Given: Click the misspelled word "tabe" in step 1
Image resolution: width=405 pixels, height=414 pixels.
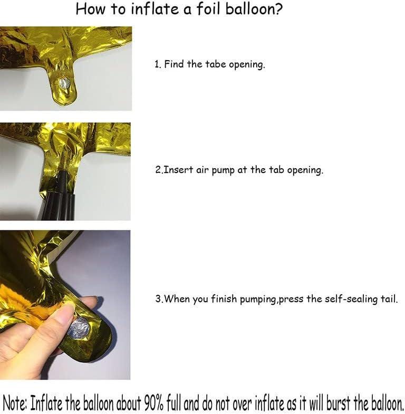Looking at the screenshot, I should [x=215, y=65].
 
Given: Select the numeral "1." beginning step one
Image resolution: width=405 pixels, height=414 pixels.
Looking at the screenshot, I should [x=157, y=65].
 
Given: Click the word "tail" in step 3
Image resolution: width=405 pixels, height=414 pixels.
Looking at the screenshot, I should [x=388, y=299].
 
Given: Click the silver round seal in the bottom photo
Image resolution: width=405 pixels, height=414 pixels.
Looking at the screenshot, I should [x=78, y=328].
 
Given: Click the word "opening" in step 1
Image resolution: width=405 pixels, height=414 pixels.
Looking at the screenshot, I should [x=247, y=65].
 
